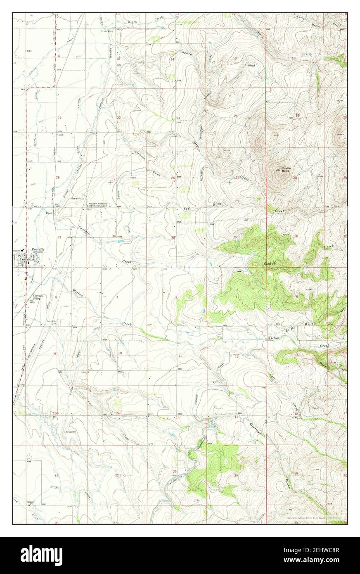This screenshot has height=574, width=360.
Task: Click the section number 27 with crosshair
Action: (x=113, y=180)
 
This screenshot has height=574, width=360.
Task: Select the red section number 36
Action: (x=235, y=237)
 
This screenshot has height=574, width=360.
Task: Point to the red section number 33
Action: (x=59, y=237)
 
